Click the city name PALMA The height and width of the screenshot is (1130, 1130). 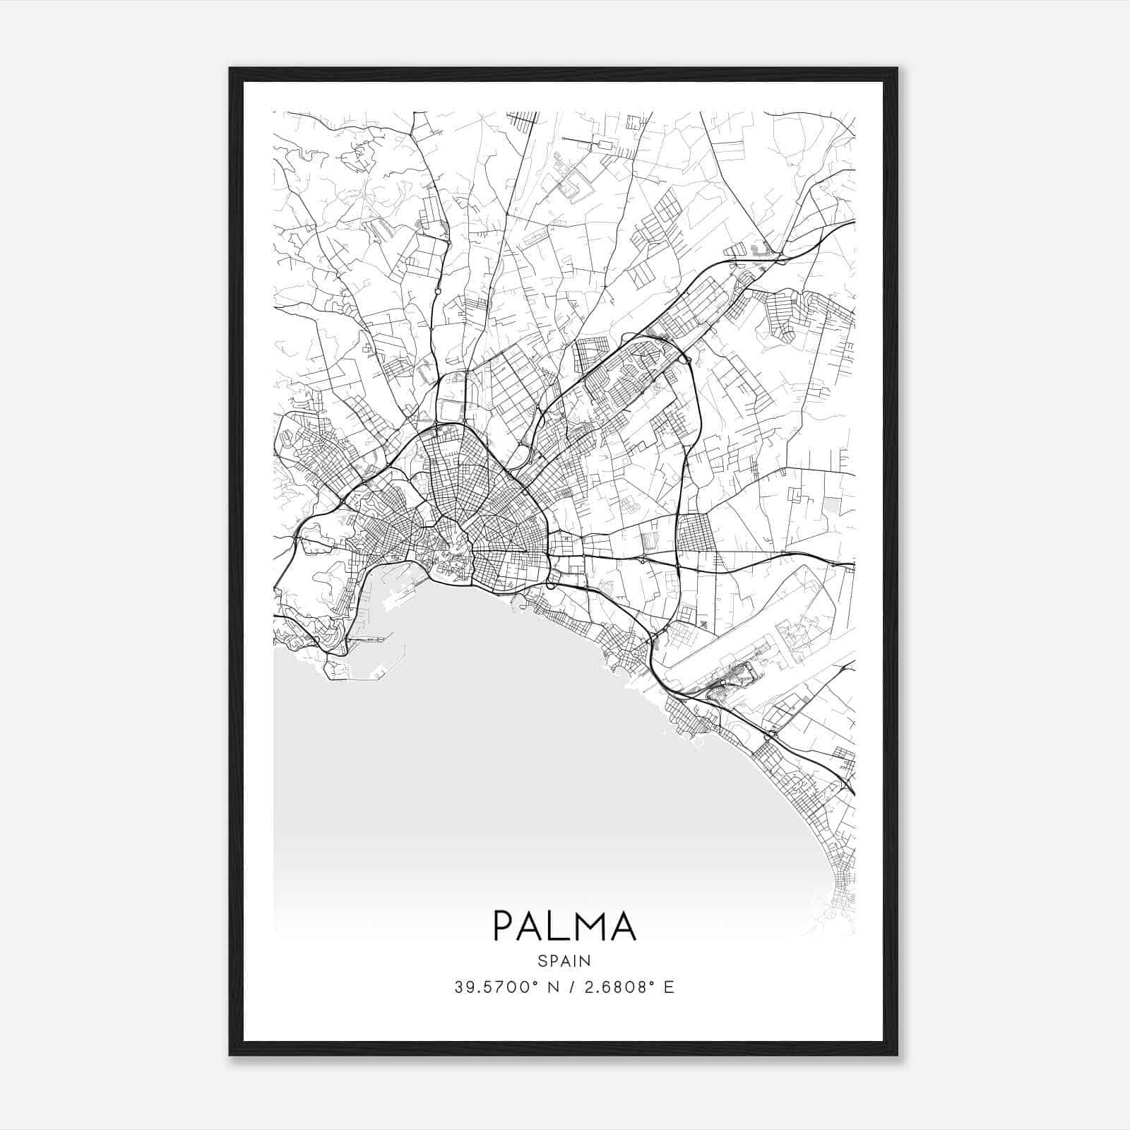564,926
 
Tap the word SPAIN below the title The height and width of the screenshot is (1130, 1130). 564,961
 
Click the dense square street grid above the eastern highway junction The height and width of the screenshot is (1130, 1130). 695,532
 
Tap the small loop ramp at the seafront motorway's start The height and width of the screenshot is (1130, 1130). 552,585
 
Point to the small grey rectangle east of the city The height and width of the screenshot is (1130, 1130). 832,505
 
